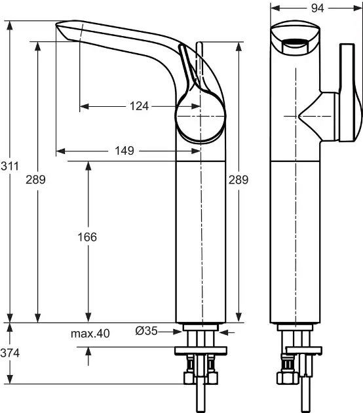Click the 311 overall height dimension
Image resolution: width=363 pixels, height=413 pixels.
coord(9,167)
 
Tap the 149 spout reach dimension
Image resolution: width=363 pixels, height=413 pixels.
coord(124,151)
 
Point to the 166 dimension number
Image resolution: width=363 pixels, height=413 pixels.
coord(87,237)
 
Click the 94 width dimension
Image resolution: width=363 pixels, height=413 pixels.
coord(317,8)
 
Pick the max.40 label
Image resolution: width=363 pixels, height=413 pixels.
coord(90,333)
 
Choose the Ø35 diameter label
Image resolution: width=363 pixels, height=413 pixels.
coord(147,332)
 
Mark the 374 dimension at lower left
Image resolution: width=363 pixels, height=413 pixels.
coord(10,353)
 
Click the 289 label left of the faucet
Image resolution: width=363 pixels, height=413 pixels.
coord(36,180)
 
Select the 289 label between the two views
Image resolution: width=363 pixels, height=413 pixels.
coord(239,180)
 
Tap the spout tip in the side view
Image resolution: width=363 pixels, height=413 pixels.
coord(66,29)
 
